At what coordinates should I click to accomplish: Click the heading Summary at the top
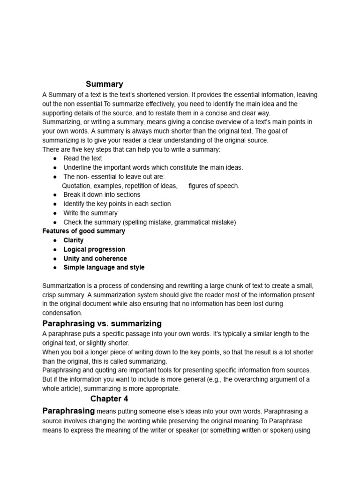click(104, 84)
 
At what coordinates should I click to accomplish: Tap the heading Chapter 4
click(109, 399)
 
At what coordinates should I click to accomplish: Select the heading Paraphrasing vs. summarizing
click(102, 323)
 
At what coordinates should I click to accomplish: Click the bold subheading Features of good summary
click(83, 231)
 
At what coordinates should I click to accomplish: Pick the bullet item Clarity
click(74, 240)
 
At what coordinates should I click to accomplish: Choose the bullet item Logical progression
click(94, 249)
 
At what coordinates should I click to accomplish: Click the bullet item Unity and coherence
click(95, 258)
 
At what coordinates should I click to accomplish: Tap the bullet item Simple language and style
click(104, 268)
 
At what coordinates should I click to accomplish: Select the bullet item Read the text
click(82, 158)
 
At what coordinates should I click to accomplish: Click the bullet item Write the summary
click(90, 213)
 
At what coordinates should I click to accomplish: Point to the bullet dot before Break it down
click(55, 195)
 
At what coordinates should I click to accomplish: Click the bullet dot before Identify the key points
click(55, 204)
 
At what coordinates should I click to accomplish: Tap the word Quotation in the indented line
click(77, 186)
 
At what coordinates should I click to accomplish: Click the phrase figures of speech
click(214, 186)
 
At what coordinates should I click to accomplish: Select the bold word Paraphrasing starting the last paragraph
click(68, 411)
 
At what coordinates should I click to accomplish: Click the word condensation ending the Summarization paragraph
click(62, 313)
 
